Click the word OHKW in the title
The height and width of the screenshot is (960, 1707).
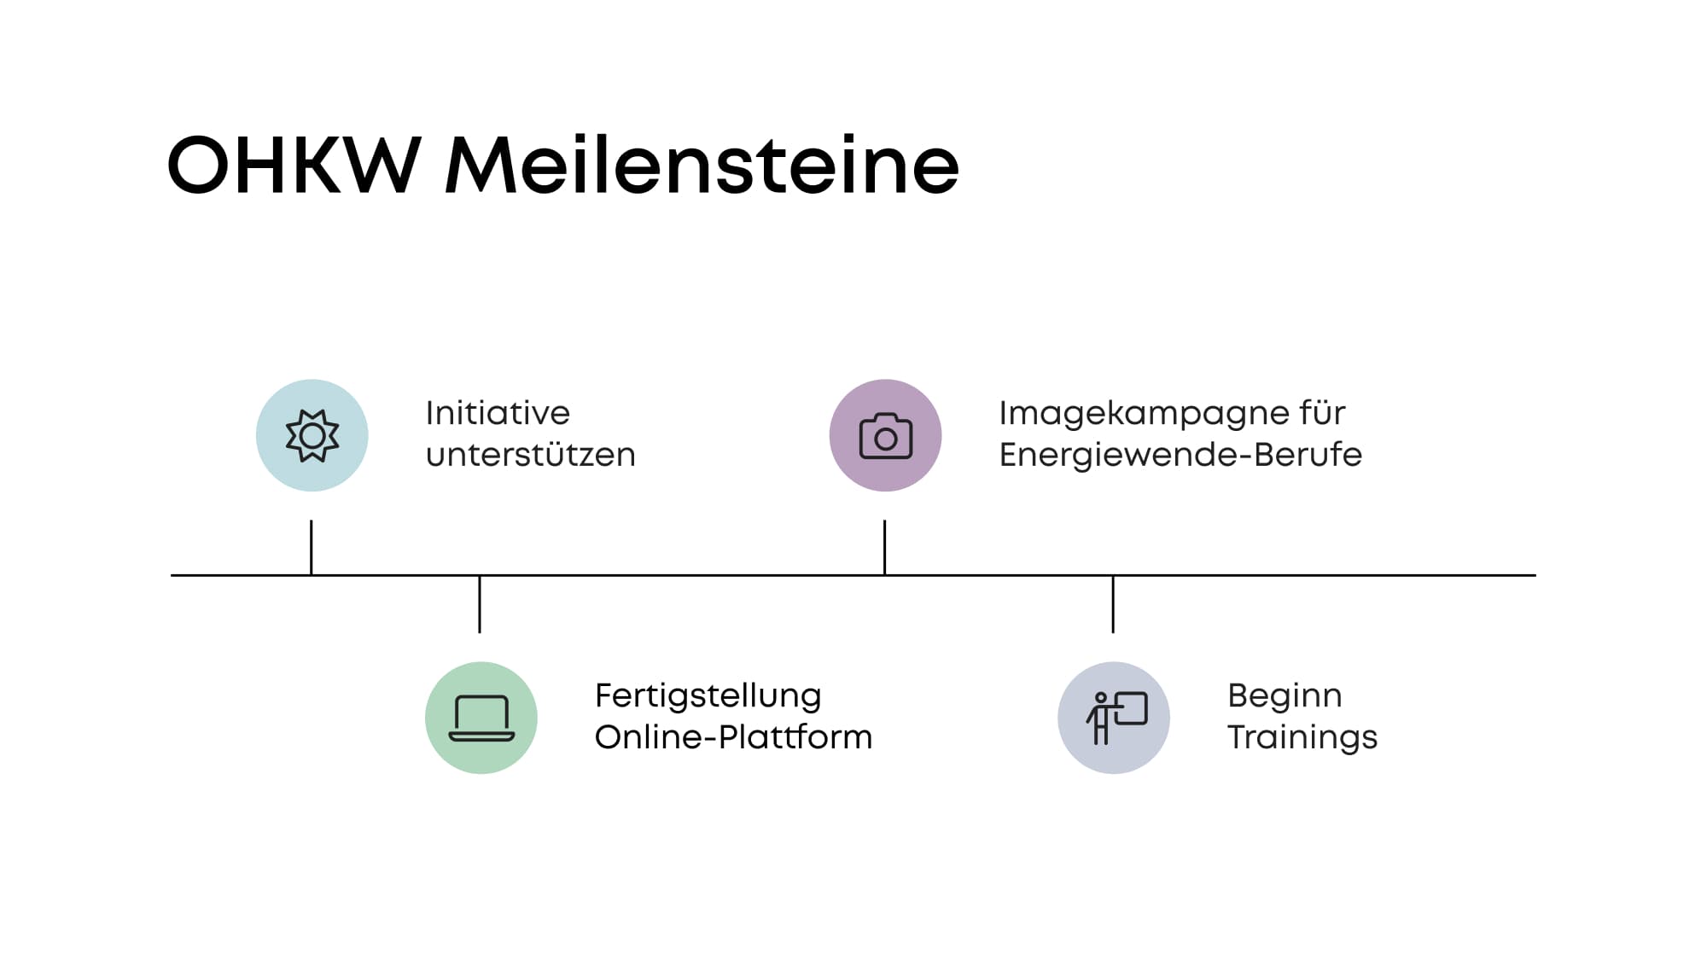point(294,165)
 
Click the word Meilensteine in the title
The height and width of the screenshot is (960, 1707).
point(702,165)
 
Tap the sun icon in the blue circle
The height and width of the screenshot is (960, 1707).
point(312,436)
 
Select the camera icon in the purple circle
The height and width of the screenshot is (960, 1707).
point(886,436)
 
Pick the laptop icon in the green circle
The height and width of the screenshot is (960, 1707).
point(481,719)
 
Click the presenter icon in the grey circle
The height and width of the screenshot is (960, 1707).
point(1116,718)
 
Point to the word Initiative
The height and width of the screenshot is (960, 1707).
point(498,413)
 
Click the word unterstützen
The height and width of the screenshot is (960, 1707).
point(531,455)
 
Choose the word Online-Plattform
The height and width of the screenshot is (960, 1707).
point(734,737)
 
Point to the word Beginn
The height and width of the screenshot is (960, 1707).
point(1285,696)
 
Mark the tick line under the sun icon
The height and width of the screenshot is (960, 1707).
point(312,548)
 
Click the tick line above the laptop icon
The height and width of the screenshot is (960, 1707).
point(480,604)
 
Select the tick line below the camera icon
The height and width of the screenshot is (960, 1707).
point(885,548)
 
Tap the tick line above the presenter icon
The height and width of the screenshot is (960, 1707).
point(1113,604)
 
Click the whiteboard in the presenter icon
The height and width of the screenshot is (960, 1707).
point(1131,708)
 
